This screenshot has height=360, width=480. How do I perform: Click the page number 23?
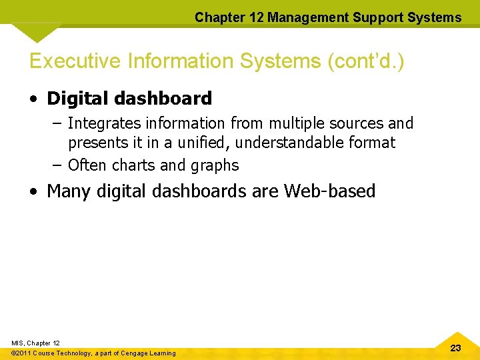coord(456,348)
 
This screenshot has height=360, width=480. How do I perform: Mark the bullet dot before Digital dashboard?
coord(33,99)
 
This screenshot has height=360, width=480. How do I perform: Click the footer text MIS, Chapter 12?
coord(36,343)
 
